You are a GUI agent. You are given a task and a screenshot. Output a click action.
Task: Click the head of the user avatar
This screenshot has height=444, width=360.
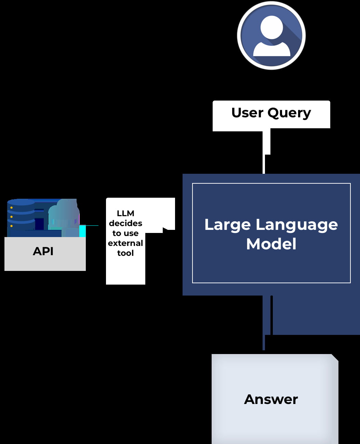271,27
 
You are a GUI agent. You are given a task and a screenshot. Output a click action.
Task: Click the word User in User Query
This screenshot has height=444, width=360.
248,113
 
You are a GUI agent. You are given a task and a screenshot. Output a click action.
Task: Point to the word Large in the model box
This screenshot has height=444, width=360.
228,225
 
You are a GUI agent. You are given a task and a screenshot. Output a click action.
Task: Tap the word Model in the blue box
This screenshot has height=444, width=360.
271,244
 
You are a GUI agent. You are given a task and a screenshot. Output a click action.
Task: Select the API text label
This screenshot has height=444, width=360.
43,251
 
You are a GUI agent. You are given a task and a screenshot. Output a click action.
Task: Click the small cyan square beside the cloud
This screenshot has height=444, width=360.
82,231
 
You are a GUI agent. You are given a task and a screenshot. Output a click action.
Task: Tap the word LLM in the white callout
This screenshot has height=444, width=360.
125,213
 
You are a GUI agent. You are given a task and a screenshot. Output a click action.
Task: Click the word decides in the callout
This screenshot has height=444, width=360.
125,223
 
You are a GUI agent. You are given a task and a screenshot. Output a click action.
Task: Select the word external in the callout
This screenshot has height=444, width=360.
125,243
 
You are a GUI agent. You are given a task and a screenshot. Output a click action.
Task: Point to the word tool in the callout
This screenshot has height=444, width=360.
125,253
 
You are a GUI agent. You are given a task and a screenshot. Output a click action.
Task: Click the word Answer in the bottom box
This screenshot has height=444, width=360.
271,400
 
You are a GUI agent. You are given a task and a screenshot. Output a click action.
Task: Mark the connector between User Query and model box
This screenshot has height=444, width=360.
264,164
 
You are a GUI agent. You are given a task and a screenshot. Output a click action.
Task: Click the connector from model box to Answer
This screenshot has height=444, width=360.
264,342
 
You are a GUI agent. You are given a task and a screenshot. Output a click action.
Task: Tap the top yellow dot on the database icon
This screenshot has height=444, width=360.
12,208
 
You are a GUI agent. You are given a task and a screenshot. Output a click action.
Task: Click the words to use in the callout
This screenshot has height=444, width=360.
125,233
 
